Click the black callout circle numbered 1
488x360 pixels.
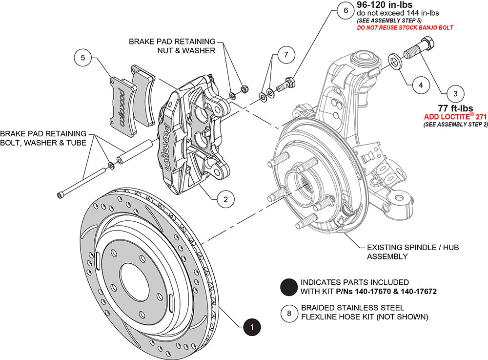(x=251, y=326)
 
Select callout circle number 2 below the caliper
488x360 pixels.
(x=225, y=199)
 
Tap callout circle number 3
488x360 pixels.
(x=455, y=92)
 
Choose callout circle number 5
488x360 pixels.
(x=83, y=58)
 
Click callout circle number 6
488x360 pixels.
(x=345, y=10)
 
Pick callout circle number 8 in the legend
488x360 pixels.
(x=289, y=313)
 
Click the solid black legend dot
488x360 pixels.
(x=289, y=287)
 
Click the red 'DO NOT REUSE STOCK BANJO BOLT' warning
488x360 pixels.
(x=405, y=28)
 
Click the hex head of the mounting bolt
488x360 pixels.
(x=430, y=48)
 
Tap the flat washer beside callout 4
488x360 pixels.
(x=393, y=61)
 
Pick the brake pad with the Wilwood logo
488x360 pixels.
(x=122, y=102)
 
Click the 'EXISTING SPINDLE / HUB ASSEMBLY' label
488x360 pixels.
(x=412, y=252)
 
